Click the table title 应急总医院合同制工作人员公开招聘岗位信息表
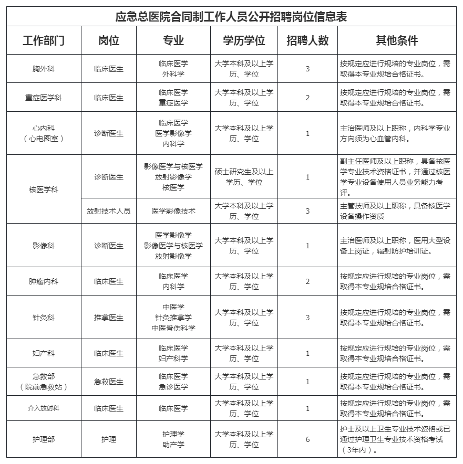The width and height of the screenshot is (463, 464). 231,17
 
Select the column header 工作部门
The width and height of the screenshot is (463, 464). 44,41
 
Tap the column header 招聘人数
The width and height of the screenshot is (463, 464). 307,41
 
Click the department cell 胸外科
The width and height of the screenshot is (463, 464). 44,69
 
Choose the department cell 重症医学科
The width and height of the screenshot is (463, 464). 44,98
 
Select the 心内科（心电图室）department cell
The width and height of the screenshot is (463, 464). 44,133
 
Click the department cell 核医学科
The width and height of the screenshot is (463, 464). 44,189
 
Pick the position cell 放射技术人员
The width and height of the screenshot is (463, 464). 109,211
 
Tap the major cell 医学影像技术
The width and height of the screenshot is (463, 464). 173,211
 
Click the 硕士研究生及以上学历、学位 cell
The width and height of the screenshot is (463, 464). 244,177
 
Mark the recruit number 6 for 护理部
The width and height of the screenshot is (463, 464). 307,439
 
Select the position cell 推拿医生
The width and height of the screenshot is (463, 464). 109,318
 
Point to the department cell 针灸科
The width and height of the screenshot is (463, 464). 44,318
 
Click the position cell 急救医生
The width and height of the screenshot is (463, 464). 109,382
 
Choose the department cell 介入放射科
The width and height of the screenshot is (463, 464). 44,408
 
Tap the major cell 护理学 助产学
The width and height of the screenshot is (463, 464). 173,439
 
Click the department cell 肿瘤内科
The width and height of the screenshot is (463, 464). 44,281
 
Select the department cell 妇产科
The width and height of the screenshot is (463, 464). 44,353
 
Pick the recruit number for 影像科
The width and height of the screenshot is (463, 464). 307,246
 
